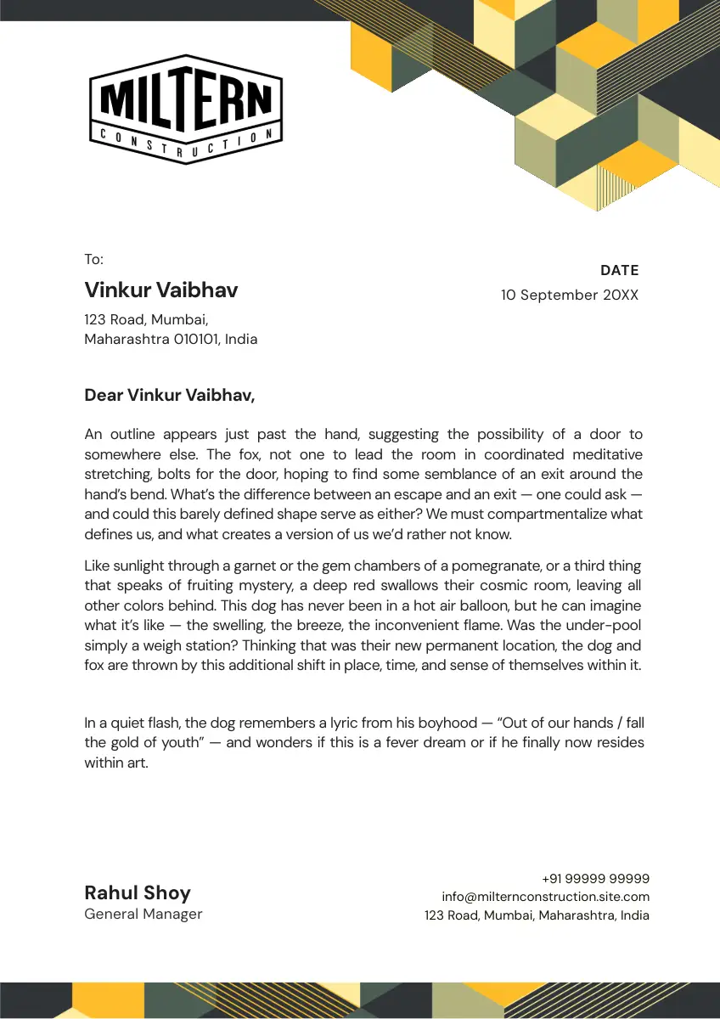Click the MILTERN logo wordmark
pyautogui.click(x=185, y=100)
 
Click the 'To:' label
pyautogui.click(x=93, y=260)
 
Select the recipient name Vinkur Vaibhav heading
pyautogui.click(x=160, y=290)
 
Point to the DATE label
pyautogui.click(x=619, y=271)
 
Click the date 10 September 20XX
pyautogui.click(x=569, y=296)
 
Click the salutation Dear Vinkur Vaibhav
pyautogui.click(x=169, y=396)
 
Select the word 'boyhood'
pyautogui.click(x=444, y=723)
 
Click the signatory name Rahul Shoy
pyautogui.click(x=138, y=892)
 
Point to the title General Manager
pyautogui.click(x=143, y=915)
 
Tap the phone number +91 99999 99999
pyautogui.click(x=595, y=879)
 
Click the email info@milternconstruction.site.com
pyautogui.click(x=545, y=897)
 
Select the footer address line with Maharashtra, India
pyautogui.click(x=537, y=915)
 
